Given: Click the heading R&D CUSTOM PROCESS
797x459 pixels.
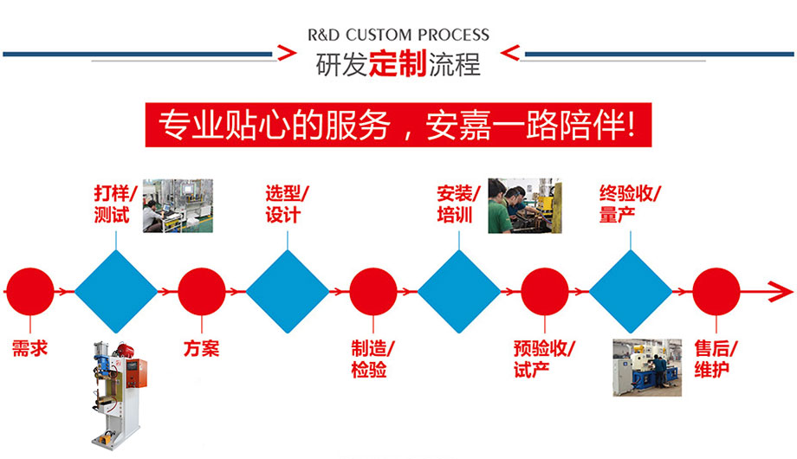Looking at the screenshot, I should tap(398, 36).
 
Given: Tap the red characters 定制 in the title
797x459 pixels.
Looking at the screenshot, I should tap(398, 65).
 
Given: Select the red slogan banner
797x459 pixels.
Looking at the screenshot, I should tap(398, 126).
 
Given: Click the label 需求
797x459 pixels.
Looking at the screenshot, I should tap(29, 349).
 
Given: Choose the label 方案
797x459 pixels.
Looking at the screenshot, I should tap(201, 349).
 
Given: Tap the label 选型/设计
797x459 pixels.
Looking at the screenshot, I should tap(287, 204).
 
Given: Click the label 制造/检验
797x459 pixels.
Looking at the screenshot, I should tap(373, 359).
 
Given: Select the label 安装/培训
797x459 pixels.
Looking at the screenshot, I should tap(458, 204).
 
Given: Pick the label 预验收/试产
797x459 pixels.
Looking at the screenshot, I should tap(544, 359).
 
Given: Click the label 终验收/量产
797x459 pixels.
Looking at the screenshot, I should tap(630, 204).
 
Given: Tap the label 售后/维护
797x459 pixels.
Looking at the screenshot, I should tap(716, 359).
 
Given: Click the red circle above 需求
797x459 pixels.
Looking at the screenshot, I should tap(29, 291).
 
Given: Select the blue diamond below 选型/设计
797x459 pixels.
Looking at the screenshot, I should tap(287, 291).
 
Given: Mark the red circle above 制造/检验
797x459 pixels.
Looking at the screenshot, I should tap(373, 291).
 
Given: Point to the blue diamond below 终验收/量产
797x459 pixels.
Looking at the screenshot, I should tap(630, 291).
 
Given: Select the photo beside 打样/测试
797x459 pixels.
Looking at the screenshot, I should tap(178, 206).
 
